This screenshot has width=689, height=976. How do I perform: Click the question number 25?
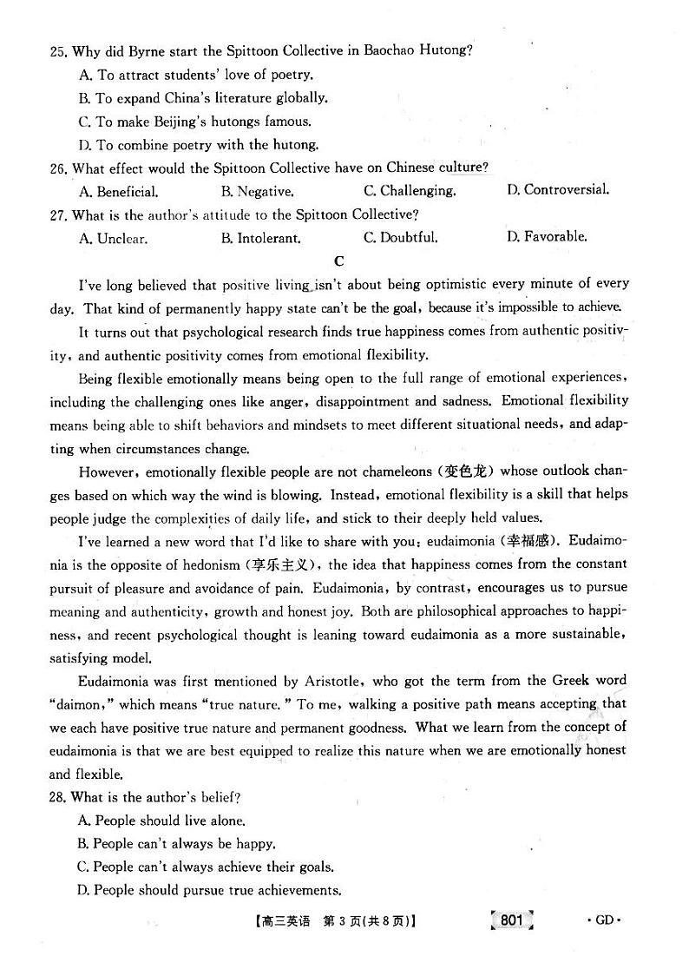(58, 51)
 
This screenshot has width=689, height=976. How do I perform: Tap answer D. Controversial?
(557, 189)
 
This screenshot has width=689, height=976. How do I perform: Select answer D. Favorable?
(547, 236)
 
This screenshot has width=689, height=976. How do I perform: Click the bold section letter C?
(339, 260)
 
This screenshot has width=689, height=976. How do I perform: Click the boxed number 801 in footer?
(512, 920)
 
